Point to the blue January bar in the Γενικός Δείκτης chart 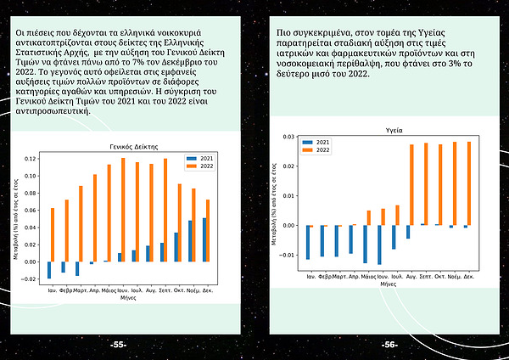point(48,269)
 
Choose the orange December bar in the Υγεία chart point(468,183)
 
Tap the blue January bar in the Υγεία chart point(308,242)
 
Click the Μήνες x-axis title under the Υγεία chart point(388,285)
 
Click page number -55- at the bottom point(118,345)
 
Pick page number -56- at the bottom point(390,345)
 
